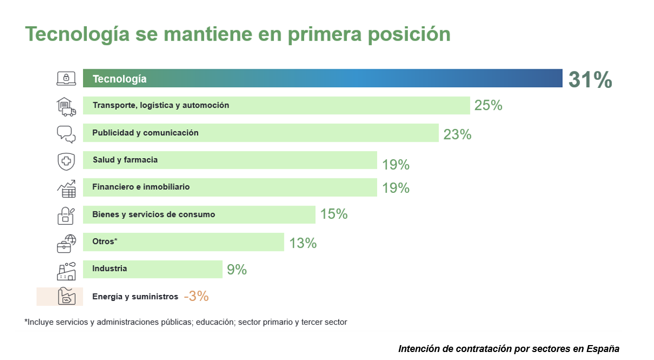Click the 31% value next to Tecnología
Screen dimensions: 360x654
click(590, 79)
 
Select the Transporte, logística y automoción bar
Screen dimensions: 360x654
click(276, 105)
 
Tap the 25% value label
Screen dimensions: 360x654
click(488, 105)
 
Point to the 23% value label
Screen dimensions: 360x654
click(457, 134)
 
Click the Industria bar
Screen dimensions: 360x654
click(152, 269)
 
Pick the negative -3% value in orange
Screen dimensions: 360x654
click(196, 297)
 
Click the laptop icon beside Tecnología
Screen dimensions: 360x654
click(67, 78)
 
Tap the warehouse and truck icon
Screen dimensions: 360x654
click(67, 106)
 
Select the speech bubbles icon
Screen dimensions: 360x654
click(67, 134)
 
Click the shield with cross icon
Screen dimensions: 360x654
click(67, 161)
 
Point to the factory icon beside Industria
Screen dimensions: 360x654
click(67, 271)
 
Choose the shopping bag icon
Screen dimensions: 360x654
click(67, 215)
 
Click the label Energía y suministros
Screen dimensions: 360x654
click(135, 297)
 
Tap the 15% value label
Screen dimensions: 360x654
click(333, 214)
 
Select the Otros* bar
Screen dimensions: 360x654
click(183, 242)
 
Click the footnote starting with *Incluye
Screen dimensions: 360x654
click(185, 322)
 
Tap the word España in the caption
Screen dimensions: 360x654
click(603, 349)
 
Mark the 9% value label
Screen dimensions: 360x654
click(236, 269)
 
